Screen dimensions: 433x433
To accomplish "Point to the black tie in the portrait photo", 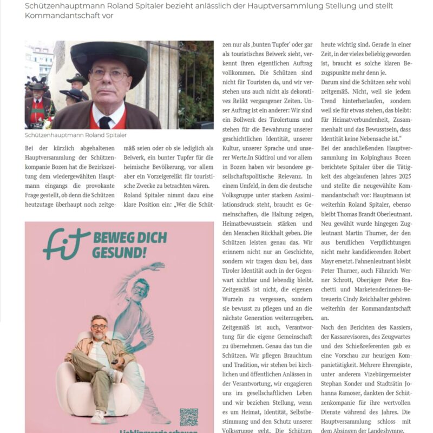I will (104, 122).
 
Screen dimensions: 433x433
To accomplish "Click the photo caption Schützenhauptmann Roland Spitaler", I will (76, 135).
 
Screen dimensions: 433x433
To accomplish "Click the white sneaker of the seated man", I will (98, 416).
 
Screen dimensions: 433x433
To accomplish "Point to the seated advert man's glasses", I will (99, 327).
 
